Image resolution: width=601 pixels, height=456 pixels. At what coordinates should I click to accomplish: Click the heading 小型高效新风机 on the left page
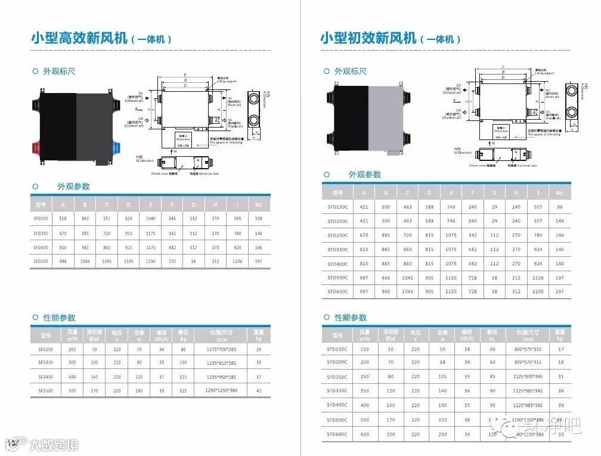point(79,39)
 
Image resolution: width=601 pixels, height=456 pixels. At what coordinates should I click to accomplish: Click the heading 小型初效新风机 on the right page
point(368,39)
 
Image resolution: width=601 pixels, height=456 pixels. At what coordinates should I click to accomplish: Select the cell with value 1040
point(151,219)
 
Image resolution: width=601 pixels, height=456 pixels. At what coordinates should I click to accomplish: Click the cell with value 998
point(63,261)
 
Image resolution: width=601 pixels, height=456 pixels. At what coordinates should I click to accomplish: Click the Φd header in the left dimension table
point(258,204)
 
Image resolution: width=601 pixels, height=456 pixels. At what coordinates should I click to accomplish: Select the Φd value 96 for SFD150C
point(559,207)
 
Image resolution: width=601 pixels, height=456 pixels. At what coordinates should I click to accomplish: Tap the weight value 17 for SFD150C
point(560,349)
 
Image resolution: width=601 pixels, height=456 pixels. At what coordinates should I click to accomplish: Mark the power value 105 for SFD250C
point(442,376)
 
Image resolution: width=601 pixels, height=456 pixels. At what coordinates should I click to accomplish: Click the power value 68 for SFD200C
point(442,362)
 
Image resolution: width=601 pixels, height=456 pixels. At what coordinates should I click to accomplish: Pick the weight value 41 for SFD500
point(258,390)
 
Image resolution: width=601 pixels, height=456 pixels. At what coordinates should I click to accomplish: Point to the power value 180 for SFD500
point(139,390)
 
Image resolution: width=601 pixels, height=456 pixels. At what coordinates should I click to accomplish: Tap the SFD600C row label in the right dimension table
point(337,291)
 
